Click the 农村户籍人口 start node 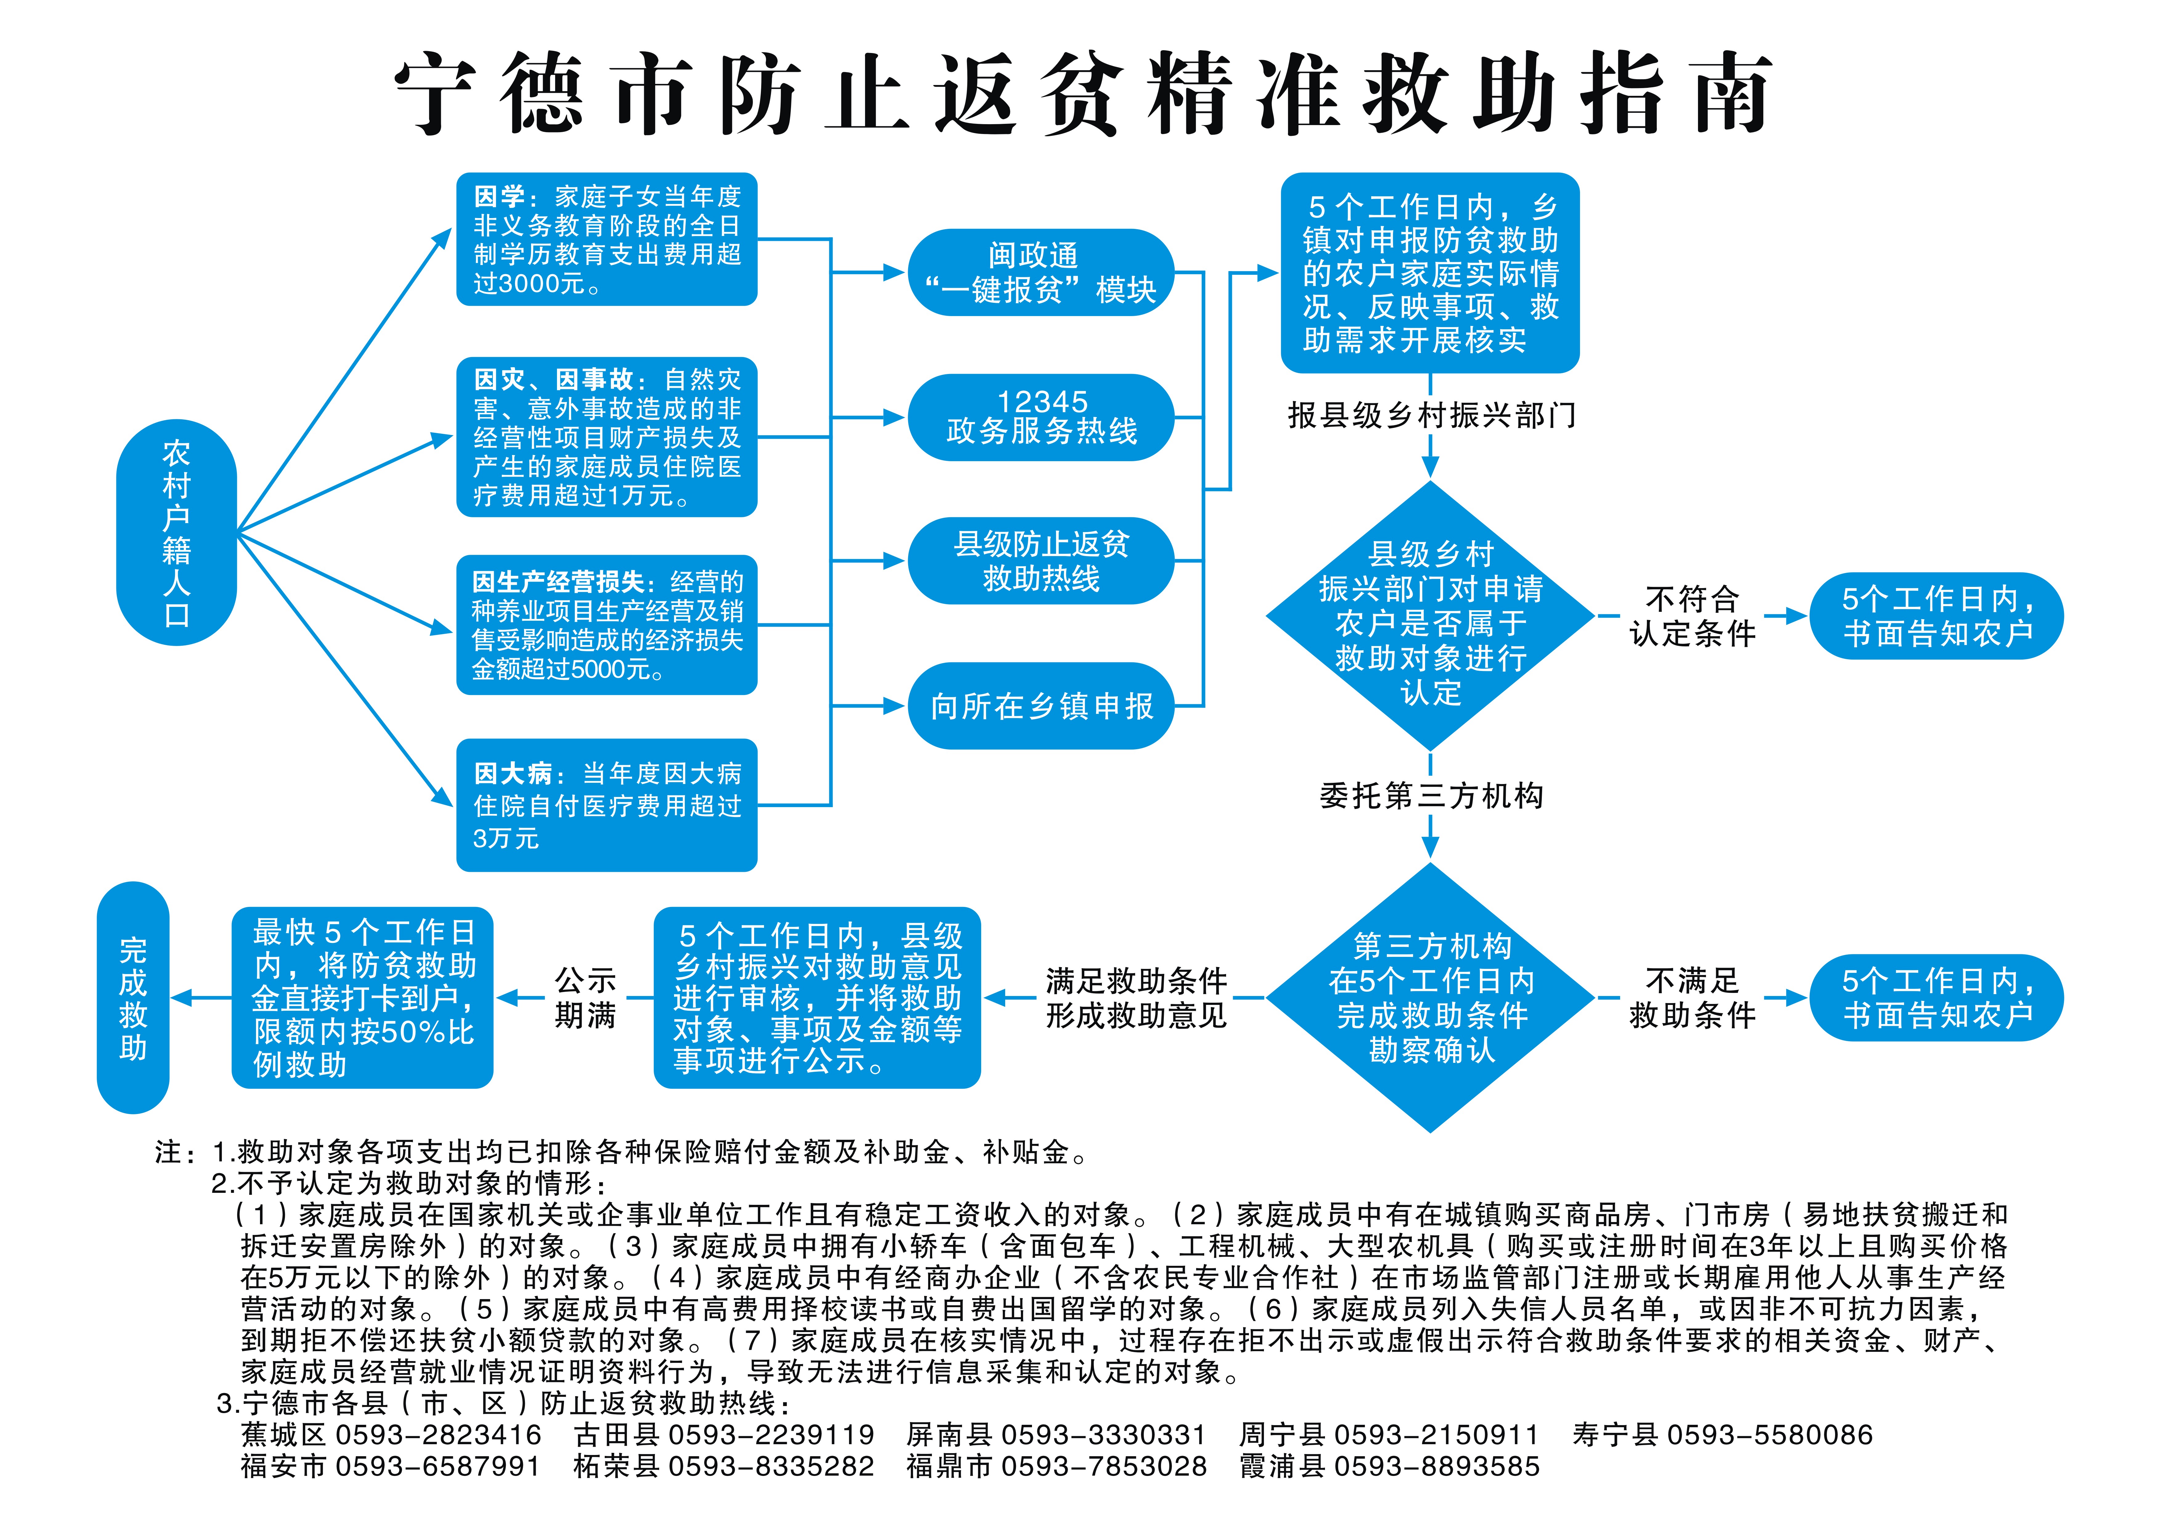(176, 532)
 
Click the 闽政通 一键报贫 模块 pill (1041, 272)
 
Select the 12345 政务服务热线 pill (1041, 417)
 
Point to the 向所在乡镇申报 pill (1041, 706)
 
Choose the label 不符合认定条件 (1692, 617)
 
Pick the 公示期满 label (585, 997)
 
